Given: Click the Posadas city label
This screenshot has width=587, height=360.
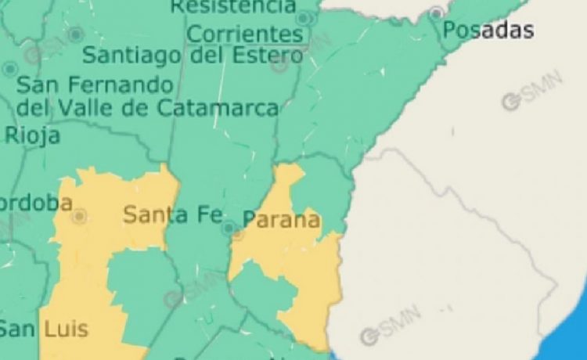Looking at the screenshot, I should tap(488, 31).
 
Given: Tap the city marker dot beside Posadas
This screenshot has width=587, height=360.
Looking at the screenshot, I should tap(436, 13).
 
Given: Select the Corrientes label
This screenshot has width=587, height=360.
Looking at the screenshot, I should tap(245, 34).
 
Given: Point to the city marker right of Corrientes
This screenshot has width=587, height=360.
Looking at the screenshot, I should tap(303, 17).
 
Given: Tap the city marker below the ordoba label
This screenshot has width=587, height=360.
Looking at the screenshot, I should tap(78, 216).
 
